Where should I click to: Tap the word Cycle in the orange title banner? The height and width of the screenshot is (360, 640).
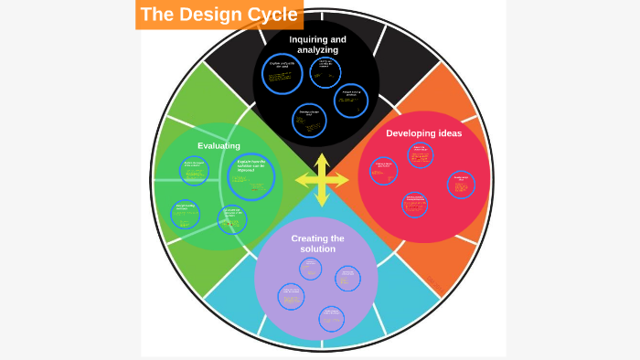pyautogui.click(x=274, y=15)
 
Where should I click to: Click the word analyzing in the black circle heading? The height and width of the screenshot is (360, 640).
pyautogui.click(x=317, y=50)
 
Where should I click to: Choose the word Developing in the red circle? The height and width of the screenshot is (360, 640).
pyautogui.click(x=411, y=132)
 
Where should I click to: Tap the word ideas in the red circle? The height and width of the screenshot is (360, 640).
pyautogui.click(x=449, y=132)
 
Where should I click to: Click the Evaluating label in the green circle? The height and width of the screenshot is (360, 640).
pyautogui.click(x=219, y=145)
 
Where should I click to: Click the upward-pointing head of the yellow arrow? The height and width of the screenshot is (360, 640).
pyautogui.click(x=322, y=160)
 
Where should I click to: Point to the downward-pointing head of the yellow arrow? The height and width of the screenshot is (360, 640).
pyautogui.click(x=322, y=200)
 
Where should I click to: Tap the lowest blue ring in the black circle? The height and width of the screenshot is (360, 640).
pyautogui.click(x=310, y=121)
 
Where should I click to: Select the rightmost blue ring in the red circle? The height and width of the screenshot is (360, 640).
pyautogui.click(x=461, y=185)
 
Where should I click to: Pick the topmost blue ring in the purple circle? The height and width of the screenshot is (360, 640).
pyautogui.click(x=311, y=268)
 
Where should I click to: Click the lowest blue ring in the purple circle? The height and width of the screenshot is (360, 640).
pyautogui.click(x=331, y=318)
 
